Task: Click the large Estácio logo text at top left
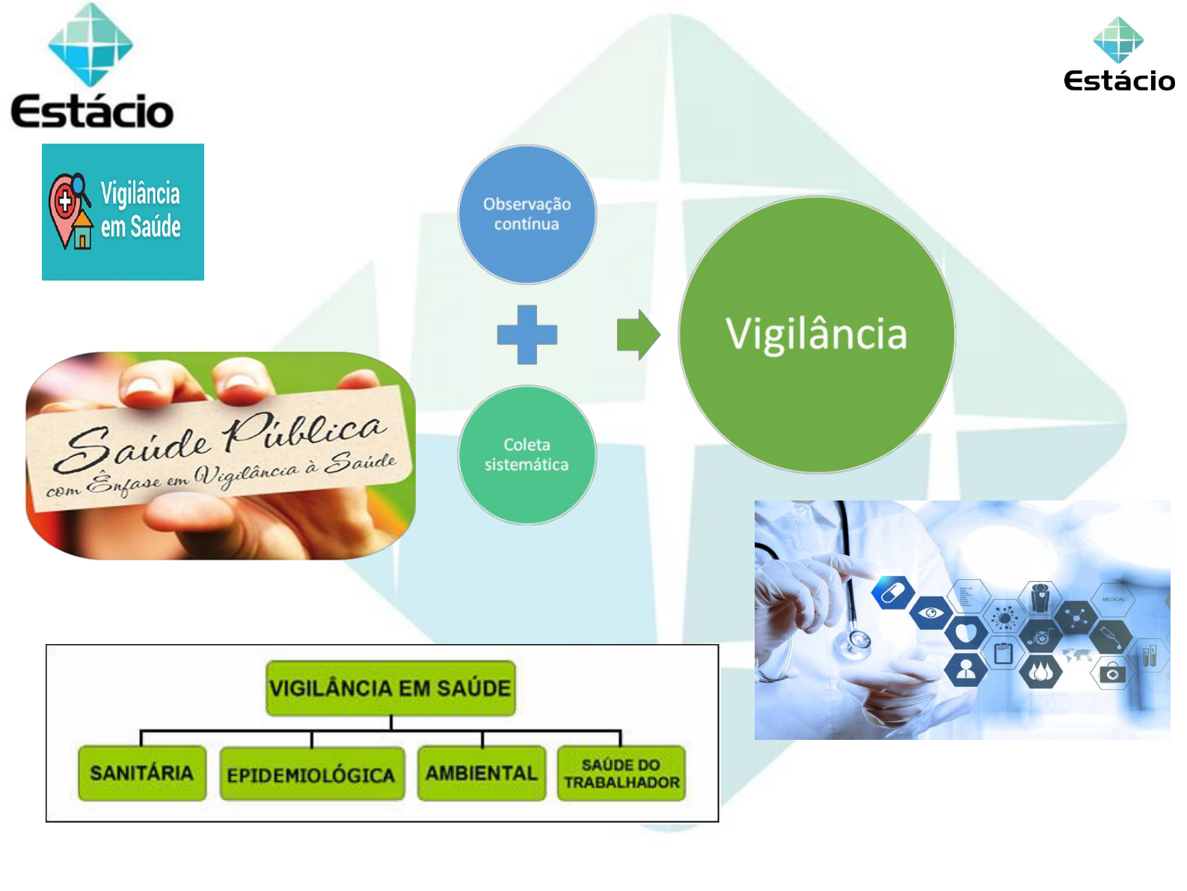click(x=92, y=111)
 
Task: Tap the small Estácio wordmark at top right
click(x=1119, y=81)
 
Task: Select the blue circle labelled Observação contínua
click(x=527, y=214)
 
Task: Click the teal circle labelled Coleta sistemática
click(x=527, y=455)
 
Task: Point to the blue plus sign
click(x=527, y=334)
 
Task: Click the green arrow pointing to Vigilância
click(x=638, y=334)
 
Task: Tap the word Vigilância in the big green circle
click(x=815, y=334)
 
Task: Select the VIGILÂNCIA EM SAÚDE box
click(x=390, y=688)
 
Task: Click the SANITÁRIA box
click(x=141, y=773)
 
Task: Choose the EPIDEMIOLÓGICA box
click(x=311, y=774)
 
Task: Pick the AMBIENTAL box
click(x=481, y=773)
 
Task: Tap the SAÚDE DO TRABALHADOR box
click(x=622, y=773)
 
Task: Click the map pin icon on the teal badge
click(x=70, y=211)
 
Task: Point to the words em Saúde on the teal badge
click(x=141, y=227)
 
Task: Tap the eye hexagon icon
click(x=930, y=613)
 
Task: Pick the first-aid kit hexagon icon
click(x=1112, y=673)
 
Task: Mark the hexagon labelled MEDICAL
click(x=1113, y=599)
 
